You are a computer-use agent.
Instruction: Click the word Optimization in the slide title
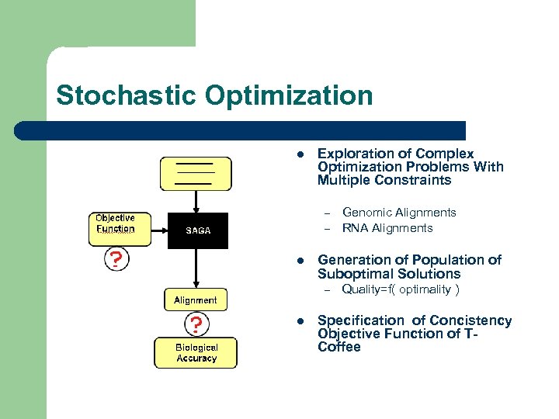[x=289, y=96]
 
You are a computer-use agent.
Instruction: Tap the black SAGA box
[x=198, y=230]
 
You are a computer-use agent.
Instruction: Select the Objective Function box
[x=116, y=223]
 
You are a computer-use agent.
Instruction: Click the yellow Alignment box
[x=196, y=300]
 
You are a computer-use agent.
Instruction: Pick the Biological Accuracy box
[x=196, y=353]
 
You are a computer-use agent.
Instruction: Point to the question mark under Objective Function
[x=116, y=258]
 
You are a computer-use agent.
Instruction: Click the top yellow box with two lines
[x=196, y=174]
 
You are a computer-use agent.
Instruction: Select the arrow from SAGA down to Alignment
[x=196, y=268]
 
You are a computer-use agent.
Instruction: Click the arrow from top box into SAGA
[x=196, y=202]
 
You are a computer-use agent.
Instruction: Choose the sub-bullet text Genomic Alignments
[x=399, y=212]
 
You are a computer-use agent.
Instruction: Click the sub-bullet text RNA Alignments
[x=387, y=228]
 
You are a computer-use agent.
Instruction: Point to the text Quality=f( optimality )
[x=401, y=289]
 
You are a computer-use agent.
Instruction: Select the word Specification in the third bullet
[x=361, y=320]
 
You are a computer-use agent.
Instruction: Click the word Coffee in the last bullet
[x=339, y=347]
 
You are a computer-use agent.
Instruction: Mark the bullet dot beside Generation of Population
[x=298, y=260]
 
